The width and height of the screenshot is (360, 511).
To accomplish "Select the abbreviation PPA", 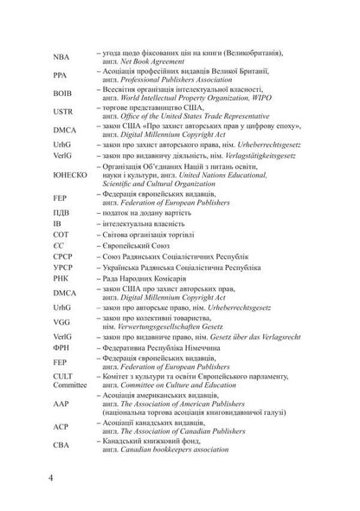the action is tap(60, 75).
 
